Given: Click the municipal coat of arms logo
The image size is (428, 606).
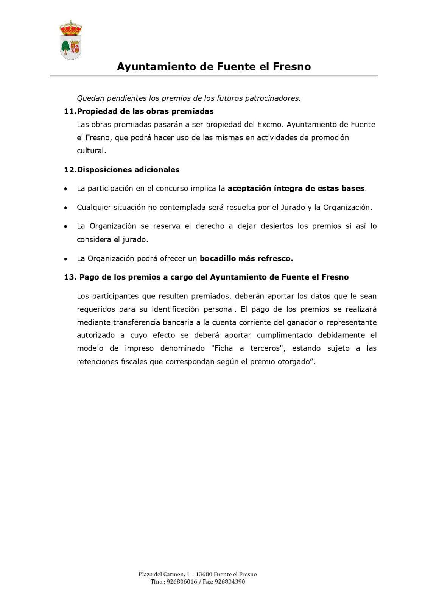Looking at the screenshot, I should (71, 41).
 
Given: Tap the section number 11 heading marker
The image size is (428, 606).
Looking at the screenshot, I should (70, 111).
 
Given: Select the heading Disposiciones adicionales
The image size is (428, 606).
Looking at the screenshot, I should (128, 170).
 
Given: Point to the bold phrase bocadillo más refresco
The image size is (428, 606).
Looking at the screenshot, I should (246, 259).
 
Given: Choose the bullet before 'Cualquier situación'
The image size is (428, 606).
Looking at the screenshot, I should (66, 208).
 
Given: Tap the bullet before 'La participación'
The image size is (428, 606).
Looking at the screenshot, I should (66, 189).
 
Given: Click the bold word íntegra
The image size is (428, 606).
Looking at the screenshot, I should (286, 188).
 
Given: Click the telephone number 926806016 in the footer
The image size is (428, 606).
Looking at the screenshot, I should (181, 582).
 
